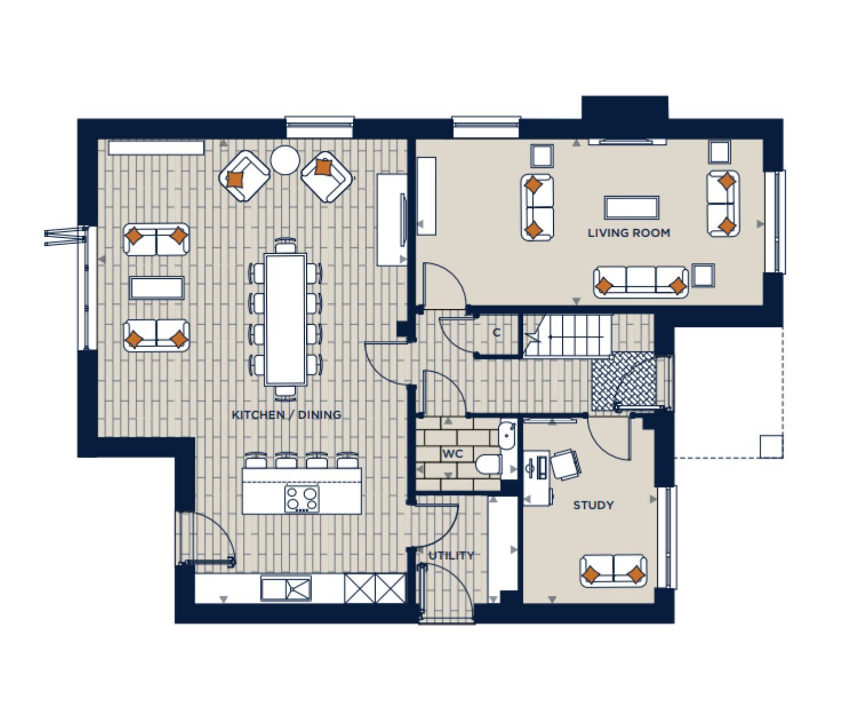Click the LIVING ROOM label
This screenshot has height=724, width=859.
[629, 233]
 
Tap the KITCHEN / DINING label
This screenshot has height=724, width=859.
[286, 415]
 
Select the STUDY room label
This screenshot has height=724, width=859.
[593, 505]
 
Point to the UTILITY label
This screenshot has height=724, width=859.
[451, 556]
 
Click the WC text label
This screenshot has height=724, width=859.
[452, 454]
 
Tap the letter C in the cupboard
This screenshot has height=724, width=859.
[497, 333]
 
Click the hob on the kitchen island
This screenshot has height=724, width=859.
[302, 499]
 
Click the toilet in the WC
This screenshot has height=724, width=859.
[488, 465]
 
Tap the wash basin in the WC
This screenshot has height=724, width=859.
[507, 435]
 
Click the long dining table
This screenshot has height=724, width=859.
[286, 320]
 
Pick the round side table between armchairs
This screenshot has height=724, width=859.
[285, 160]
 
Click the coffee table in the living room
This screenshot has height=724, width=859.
[632, 207]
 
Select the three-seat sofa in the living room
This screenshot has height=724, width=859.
[641, 282]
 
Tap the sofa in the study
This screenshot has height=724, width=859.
[613, 571]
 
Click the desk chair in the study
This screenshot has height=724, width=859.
[565, 465]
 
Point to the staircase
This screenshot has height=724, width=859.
[568, 335]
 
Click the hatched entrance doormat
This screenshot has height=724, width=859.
[623, 381]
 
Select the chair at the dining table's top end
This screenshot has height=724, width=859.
[286, 246]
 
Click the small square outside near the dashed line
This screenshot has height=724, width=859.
[771, 447]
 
